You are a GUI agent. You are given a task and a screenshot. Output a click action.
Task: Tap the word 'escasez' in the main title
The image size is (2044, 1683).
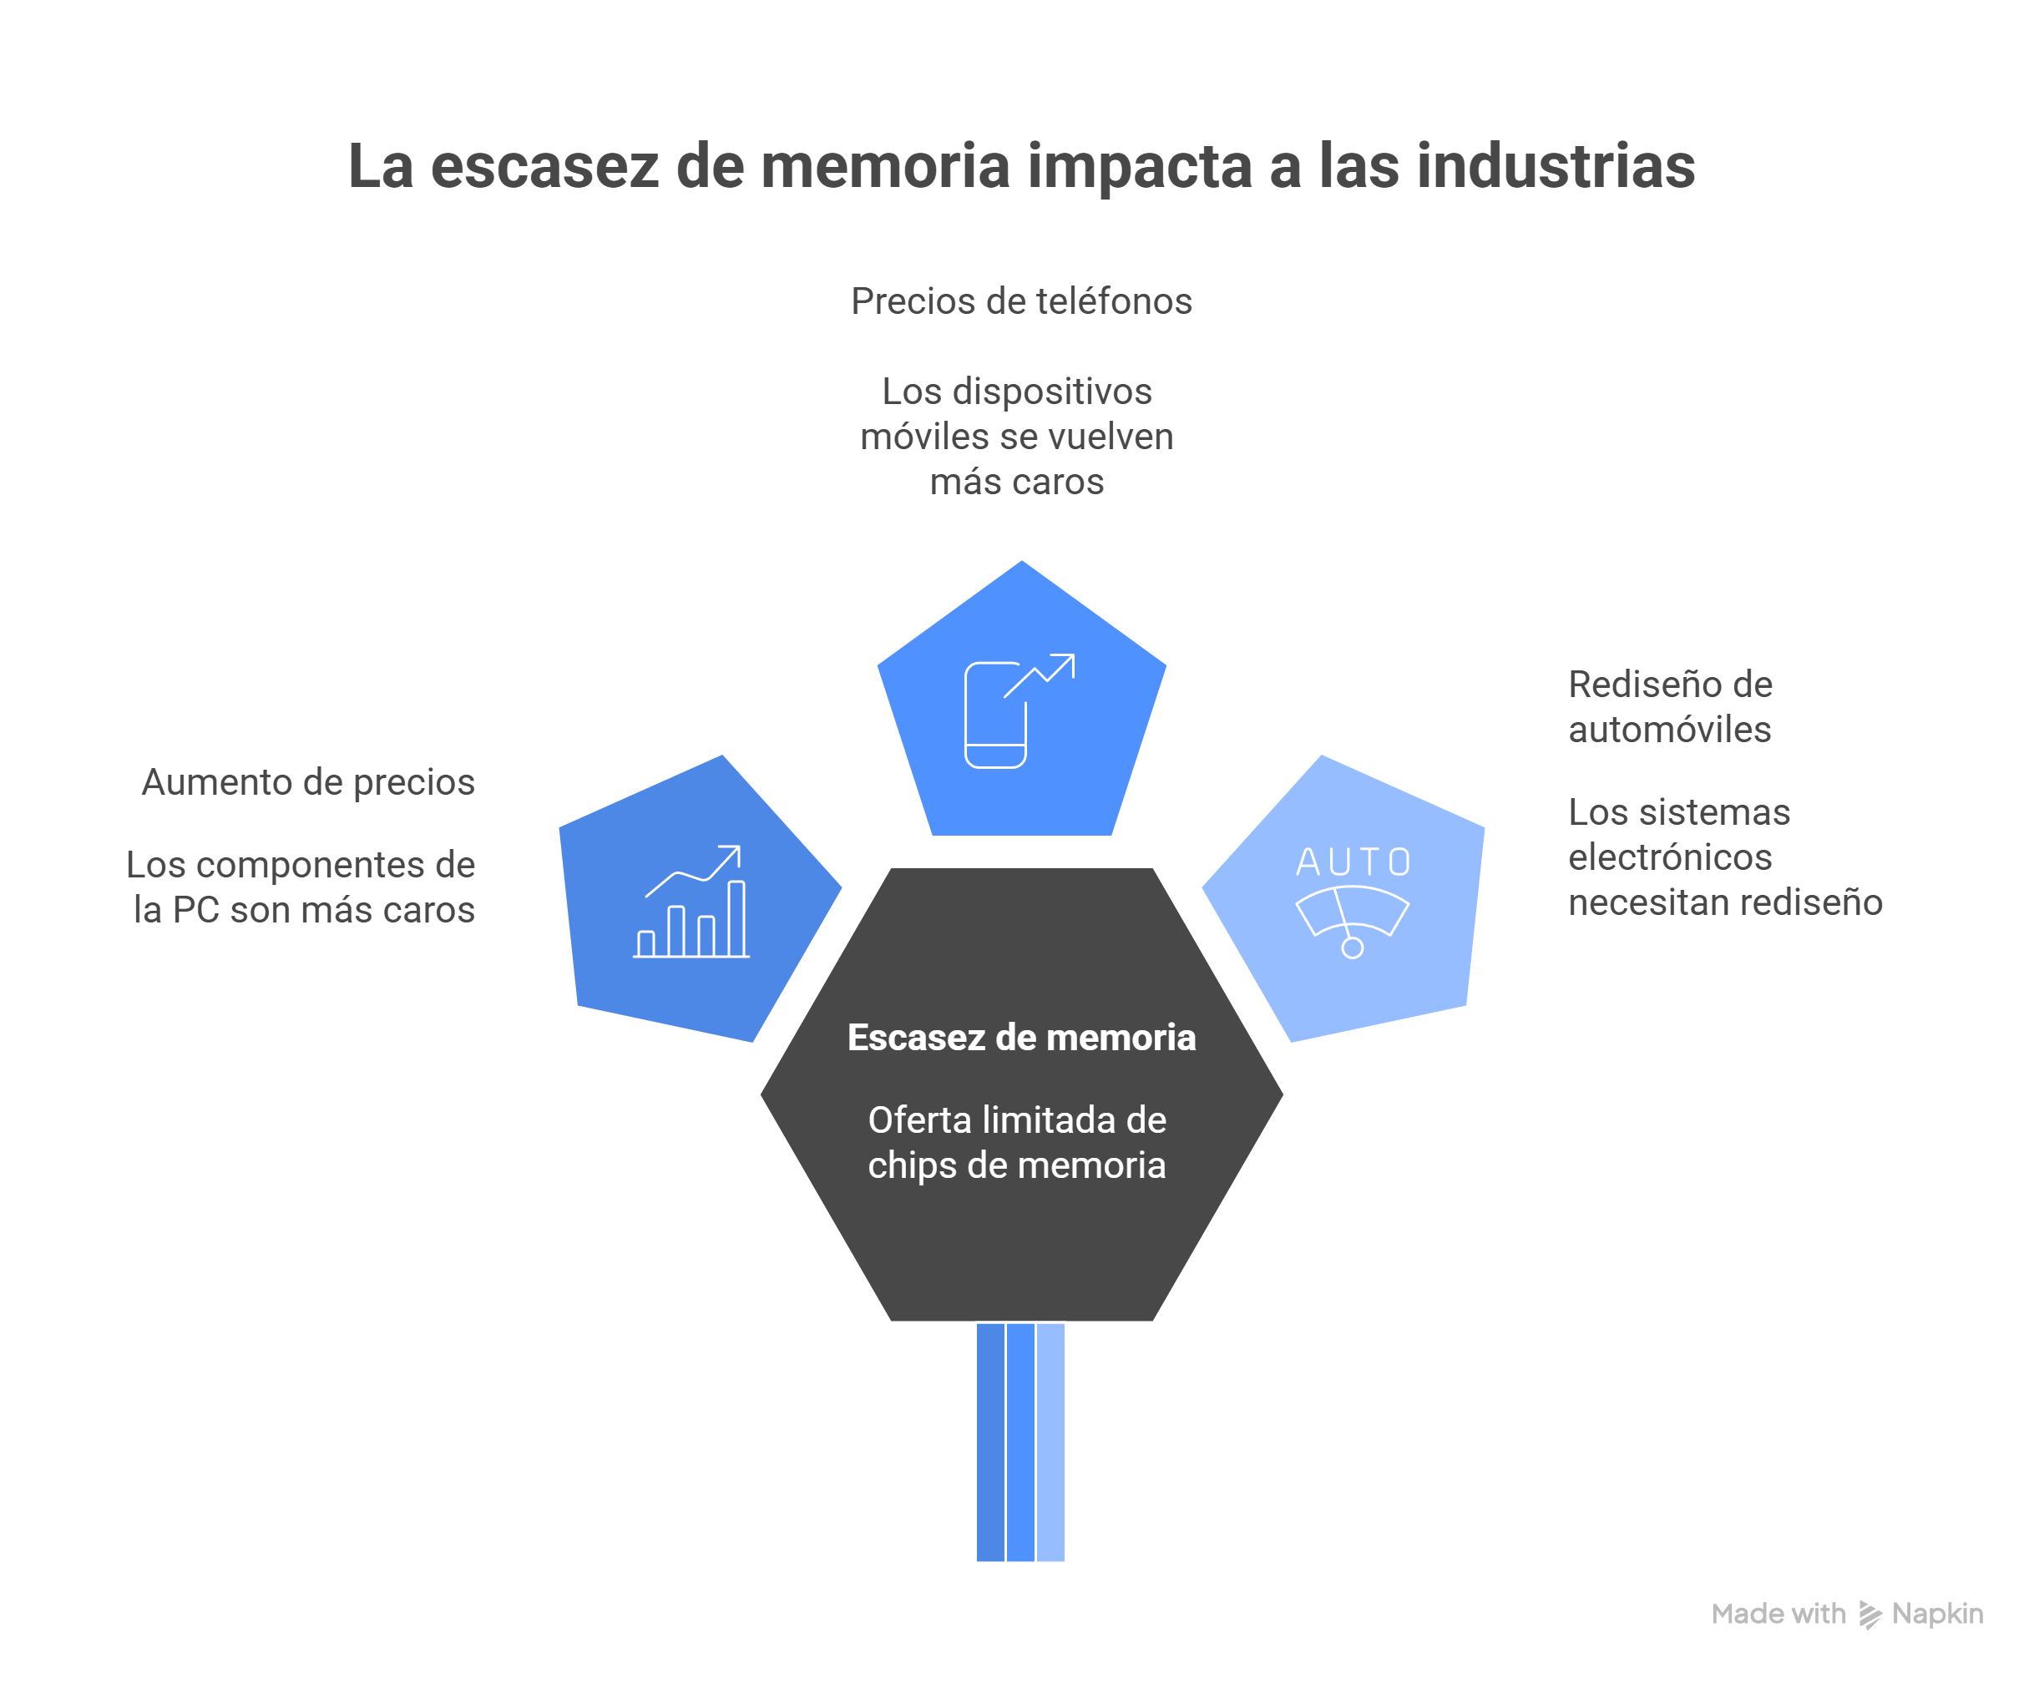point(544,168)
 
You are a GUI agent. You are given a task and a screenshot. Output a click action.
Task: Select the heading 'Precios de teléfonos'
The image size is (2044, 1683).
point(1021,301)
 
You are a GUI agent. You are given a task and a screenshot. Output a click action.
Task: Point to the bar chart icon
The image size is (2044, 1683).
point(691,901)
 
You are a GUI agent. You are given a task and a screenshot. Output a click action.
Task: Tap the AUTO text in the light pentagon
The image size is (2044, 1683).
point(1353,862)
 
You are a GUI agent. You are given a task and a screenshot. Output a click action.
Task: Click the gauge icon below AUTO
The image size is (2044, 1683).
point(1352,922)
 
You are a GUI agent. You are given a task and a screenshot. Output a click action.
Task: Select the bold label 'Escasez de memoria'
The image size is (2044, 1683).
point(1021,1038)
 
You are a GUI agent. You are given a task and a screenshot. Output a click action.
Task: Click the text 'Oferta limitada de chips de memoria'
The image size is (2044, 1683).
point(1017,1142)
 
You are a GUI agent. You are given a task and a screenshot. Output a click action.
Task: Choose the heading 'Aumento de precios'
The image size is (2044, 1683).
point(308,781)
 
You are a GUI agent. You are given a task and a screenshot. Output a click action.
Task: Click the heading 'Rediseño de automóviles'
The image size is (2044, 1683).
point(1670,707)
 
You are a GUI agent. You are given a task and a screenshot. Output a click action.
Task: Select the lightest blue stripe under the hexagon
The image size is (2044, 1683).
point(1050,1442)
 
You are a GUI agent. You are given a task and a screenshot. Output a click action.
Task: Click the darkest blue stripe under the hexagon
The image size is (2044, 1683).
point(990,1442)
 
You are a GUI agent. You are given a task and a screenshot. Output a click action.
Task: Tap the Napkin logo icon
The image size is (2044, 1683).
point(1869,1615)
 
